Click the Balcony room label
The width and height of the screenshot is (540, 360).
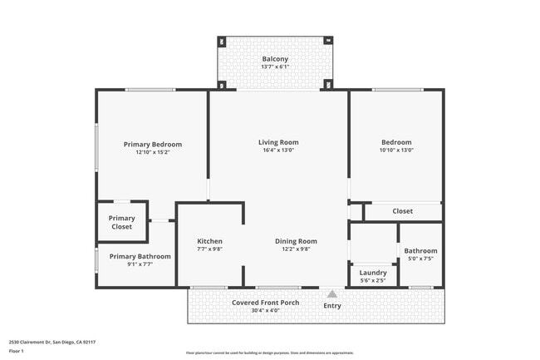click(x=275, y=59)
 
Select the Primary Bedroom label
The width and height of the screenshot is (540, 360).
click(x=153, y=144)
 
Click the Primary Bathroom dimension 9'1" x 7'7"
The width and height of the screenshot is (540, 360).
click(x=140, y=266)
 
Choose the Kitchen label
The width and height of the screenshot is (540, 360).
click(x=209, y=241)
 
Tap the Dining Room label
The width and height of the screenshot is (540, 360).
click(x=296, y=241)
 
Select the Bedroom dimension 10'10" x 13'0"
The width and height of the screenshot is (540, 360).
click(x=396, y=150)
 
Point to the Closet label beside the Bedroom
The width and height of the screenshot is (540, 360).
click(x=402, y=211)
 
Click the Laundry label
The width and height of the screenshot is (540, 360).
click(x=373, y=272)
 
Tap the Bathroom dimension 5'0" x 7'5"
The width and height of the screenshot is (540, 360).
click(x=420, y=259)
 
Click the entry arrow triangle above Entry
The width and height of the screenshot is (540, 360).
click(x=331, y=293)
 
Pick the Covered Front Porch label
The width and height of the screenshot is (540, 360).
click(x=265, y=302)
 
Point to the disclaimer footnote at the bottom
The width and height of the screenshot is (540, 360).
click(x=269, y=353)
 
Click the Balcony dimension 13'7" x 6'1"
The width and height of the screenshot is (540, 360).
click(x=275, y=68)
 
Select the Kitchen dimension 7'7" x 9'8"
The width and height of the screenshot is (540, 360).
click(x=209, y=250)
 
